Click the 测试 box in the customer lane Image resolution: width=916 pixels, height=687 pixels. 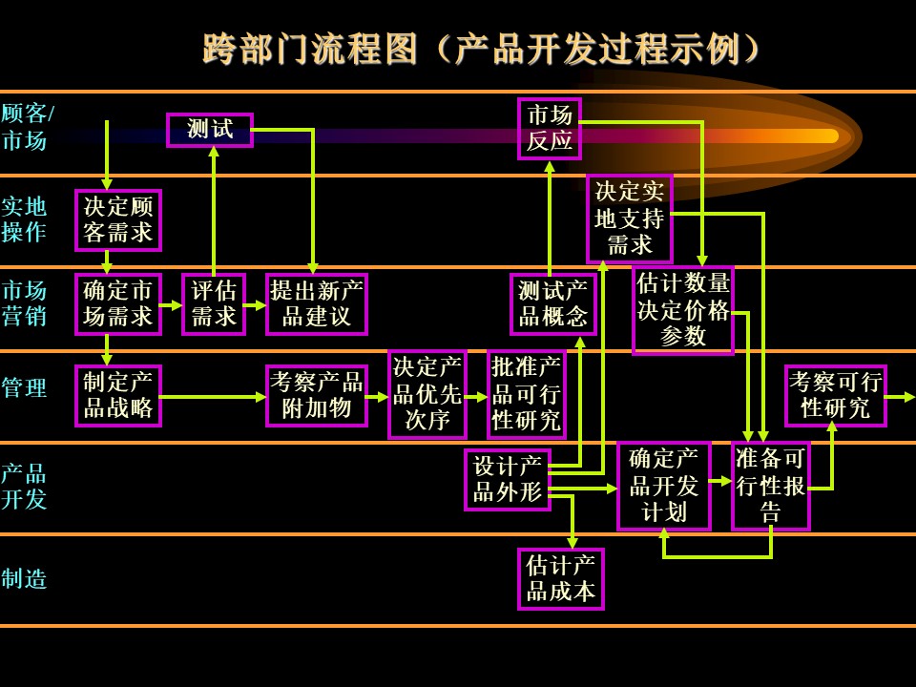[210, 130]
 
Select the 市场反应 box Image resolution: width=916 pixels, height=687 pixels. [549, 129]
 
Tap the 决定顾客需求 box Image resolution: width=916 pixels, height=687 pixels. [118, 220]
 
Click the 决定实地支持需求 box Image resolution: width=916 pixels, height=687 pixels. [629, 219]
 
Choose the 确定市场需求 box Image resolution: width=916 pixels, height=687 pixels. [118, 304]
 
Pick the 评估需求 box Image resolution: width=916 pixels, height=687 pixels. [214, 304]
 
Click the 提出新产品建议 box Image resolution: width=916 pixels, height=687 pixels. [316, 304]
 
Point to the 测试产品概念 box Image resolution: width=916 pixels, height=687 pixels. [552, 304]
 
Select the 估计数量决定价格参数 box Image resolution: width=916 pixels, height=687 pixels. [683, 310]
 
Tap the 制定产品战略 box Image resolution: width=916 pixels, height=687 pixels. [118, 396]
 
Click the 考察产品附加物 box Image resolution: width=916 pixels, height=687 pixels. [316, 396]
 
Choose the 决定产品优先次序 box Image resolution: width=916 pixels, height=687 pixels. [427, 394]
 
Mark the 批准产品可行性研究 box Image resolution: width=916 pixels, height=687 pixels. [526, 394]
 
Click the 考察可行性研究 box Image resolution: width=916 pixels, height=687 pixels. [835, 396]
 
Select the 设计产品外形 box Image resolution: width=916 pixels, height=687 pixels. [508, 480]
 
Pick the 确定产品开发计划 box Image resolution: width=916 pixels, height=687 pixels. [663, 486]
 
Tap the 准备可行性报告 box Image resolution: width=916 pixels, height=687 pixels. [770, 486]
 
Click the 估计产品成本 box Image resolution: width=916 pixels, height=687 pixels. [560, 578]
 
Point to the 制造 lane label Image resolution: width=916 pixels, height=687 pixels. [24, 579]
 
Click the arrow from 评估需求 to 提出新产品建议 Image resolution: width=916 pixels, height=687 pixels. [255, 305]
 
